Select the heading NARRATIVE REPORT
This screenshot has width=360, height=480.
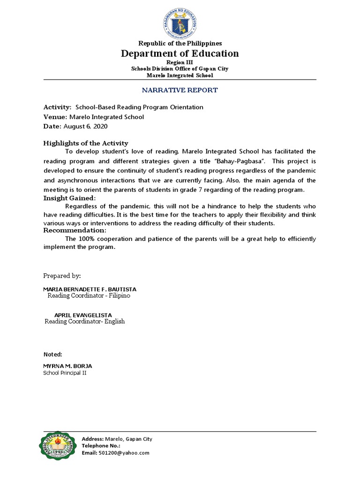coord(180,90)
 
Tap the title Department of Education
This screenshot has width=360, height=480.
coord(180,53)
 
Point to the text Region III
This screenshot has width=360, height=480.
coord(180,62)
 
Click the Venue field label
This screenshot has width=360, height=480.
coord(55,117)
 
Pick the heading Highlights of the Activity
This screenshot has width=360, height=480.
coord(85,143)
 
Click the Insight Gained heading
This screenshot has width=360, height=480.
coord(69,198)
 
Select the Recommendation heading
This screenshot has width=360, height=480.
coord(75,230)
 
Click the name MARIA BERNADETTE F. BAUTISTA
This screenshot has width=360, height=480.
coord(90,289)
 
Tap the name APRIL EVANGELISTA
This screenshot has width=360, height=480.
coord(83,315)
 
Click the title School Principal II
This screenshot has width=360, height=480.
coord(65,373)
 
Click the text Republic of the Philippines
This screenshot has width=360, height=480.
coord(180,43)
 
